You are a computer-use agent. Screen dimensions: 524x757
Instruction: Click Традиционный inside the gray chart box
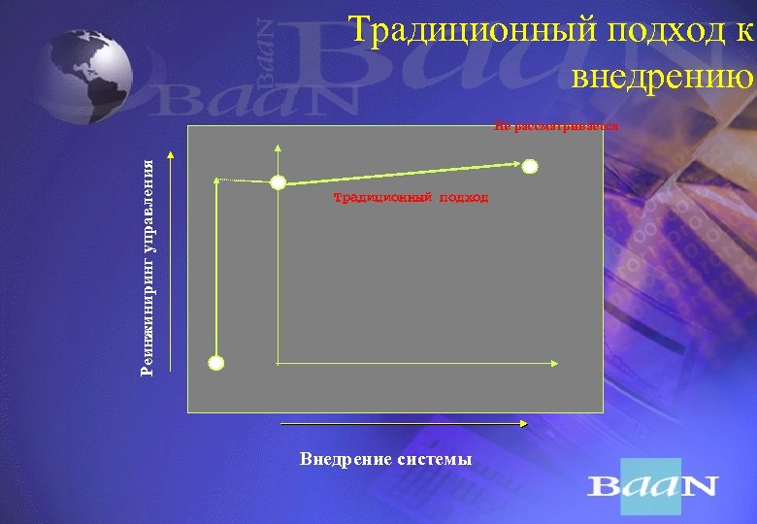pyautogui.click(x=374, y=197)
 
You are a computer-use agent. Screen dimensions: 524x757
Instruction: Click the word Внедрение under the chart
pyautogui.click(x=346, y=458)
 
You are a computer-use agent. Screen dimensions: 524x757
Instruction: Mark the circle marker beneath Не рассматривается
pyautogui.click(x=530, y=166)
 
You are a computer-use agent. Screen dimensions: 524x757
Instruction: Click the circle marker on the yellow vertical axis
pyautogui.click(x=278, y=181)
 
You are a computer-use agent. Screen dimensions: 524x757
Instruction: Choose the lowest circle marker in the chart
pyautogui.click(x=216, y=363)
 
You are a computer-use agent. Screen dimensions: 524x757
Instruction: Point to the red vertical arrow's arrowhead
pyautogui.click(x=172, y=154)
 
